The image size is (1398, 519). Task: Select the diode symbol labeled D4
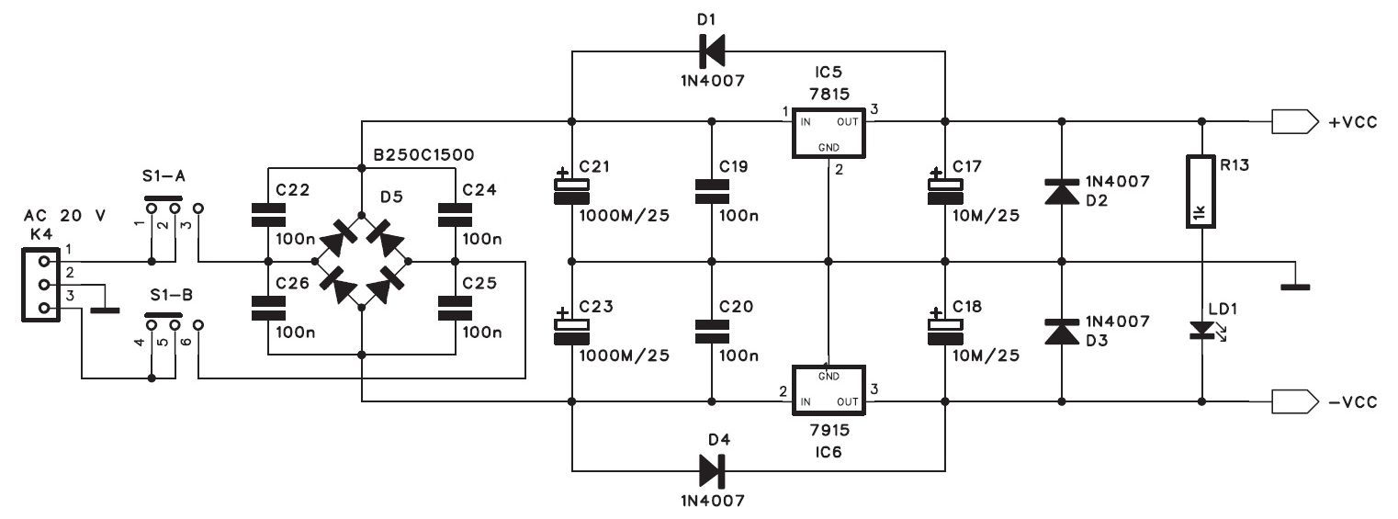tap(712, 470)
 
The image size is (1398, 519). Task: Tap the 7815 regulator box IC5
tap(829, 133)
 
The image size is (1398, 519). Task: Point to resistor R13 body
tap(1201, 192)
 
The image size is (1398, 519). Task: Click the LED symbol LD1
tap(1201, 331)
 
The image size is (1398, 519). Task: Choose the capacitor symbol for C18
tap(945, 330)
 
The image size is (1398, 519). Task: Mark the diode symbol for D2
tap(1062, 192)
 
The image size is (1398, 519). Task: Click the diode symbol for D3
tap(1062, 332)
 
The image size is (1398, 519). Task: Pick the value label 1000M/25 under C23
tap(625, 355)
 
